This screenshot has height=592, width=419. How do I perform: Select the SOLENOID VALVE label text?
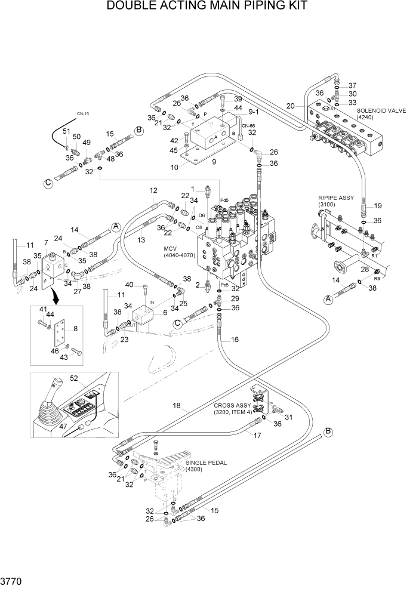pyautogui.click(x=381, y=111)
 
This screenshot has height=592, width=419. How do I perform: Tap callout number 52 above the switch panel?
pyautogui.click(x=91, y=378)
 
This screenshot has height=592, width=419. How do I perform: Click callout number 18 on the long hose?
pyautogui.click(x=176, y=406)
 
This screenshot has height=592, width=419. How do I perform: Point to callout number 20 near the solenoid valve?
pyautogui.click(x=291, y=106)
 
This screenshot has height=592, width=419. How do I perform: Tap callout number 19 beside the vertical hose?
pyautogui.click(x=378, y=206)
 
